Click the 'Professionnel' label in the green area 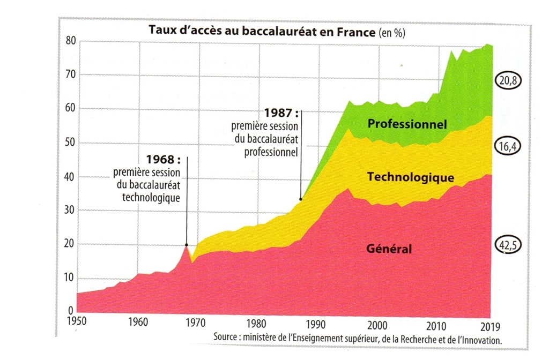[x=407, y=124]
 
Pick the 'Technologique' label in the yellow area [x=410, y=177]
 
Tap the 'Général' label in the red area [x=389, y=249]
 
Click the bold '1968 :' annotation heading [x=164, y=160]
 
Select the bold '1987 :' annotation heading [x=281, y=114]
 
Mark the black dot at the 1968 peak [x=187, y=245]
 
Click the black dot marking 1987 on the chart [x=301, y=199]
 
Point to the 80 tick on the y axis [x=70, y=41]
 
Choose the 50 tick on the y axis [x=70, y=143]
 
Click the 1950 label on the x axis [x=77, y=323]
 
